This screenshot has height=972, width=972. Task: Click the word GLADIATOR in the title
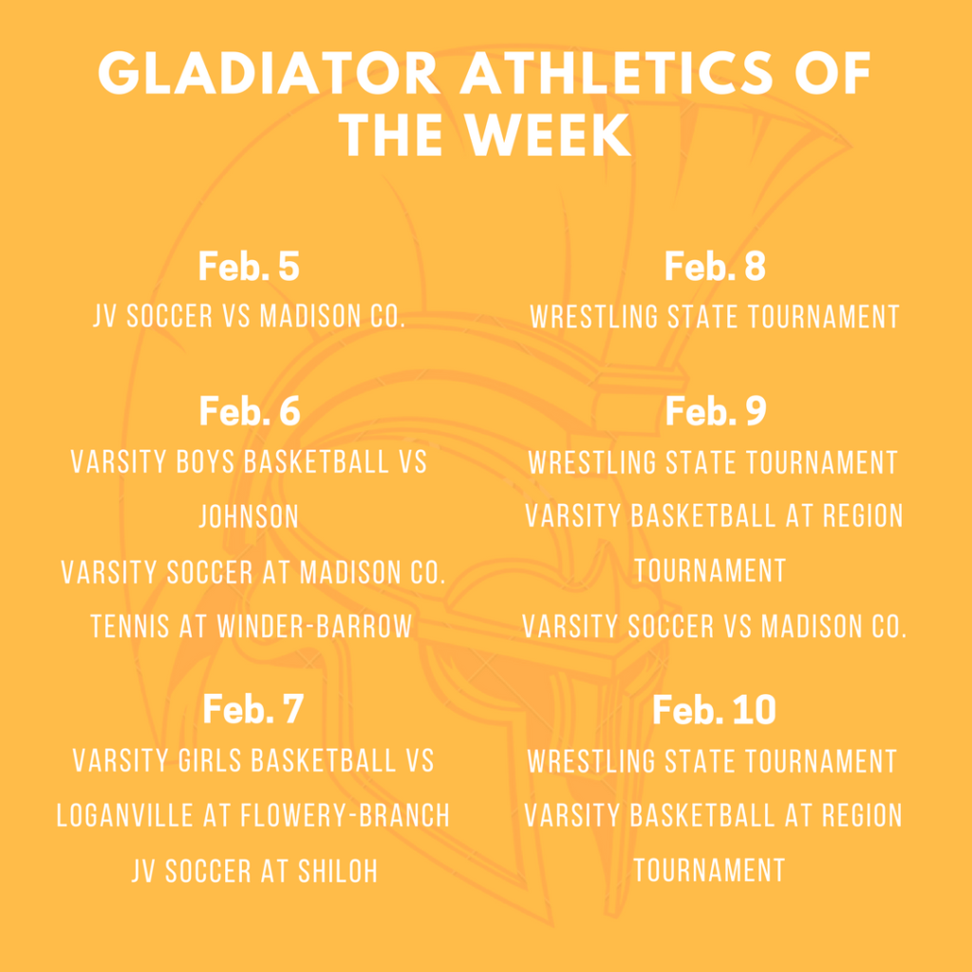(x=269, y=73)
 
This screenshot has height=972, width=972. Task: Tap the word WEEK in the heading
(x=548, y=135)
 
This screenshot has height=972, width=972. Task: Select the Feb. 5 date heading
(x=250, y=267)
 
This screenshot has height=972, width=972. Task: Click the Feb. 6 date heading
(x=250, y=411)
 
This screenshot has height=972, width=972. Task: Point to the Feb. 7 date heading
(x=252, y=709)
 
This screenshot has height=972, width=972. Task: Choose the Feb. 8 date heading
(x=715, y=267)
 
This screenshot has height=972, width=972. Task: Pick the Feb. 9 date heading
(x=716, y=411)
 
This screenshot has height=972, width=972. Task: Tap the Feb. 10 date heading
(x=714, y=709)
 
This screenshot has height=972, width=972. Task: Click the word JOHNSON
(x=250, y=516)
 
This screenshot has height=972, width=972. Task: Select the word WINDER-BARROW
(x=314, y=626)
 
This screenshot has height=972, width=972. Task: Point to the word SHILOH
(x=338, y=871)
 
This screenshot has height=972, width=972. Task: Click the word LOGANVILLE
(x=124, y=815)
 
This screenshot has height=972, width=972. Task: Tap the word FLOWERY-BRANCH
(x=346, y=815)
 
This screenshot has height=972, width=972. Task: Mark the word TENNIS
(x=129, y=626)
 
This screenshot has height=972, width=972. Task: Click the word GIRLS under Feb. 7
(x=210, y=761)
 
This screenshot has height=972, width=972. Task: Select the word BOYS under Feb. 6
(x=206, y=462)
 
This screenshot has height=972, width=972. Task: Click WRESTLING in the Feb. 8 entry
(x=594, y=317)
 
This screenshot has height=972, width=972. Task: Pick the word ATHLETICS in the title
(x=616, y=73)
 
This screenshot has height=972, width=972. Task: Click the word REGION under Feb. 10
(x=862, y=815)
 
